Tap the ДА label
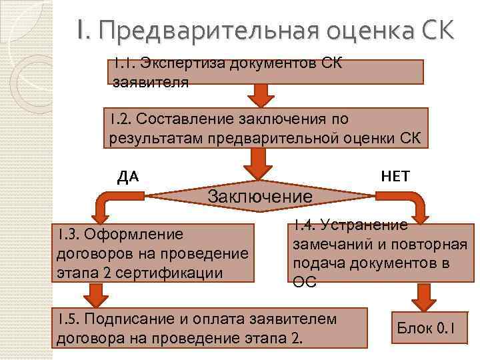[127, 177]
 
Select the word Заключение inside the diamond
[260, 196]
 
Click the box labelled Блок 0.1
[425, 327]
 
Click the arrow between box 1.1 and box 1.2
[261, 94]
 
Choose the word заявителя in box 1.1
[151, 83]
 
